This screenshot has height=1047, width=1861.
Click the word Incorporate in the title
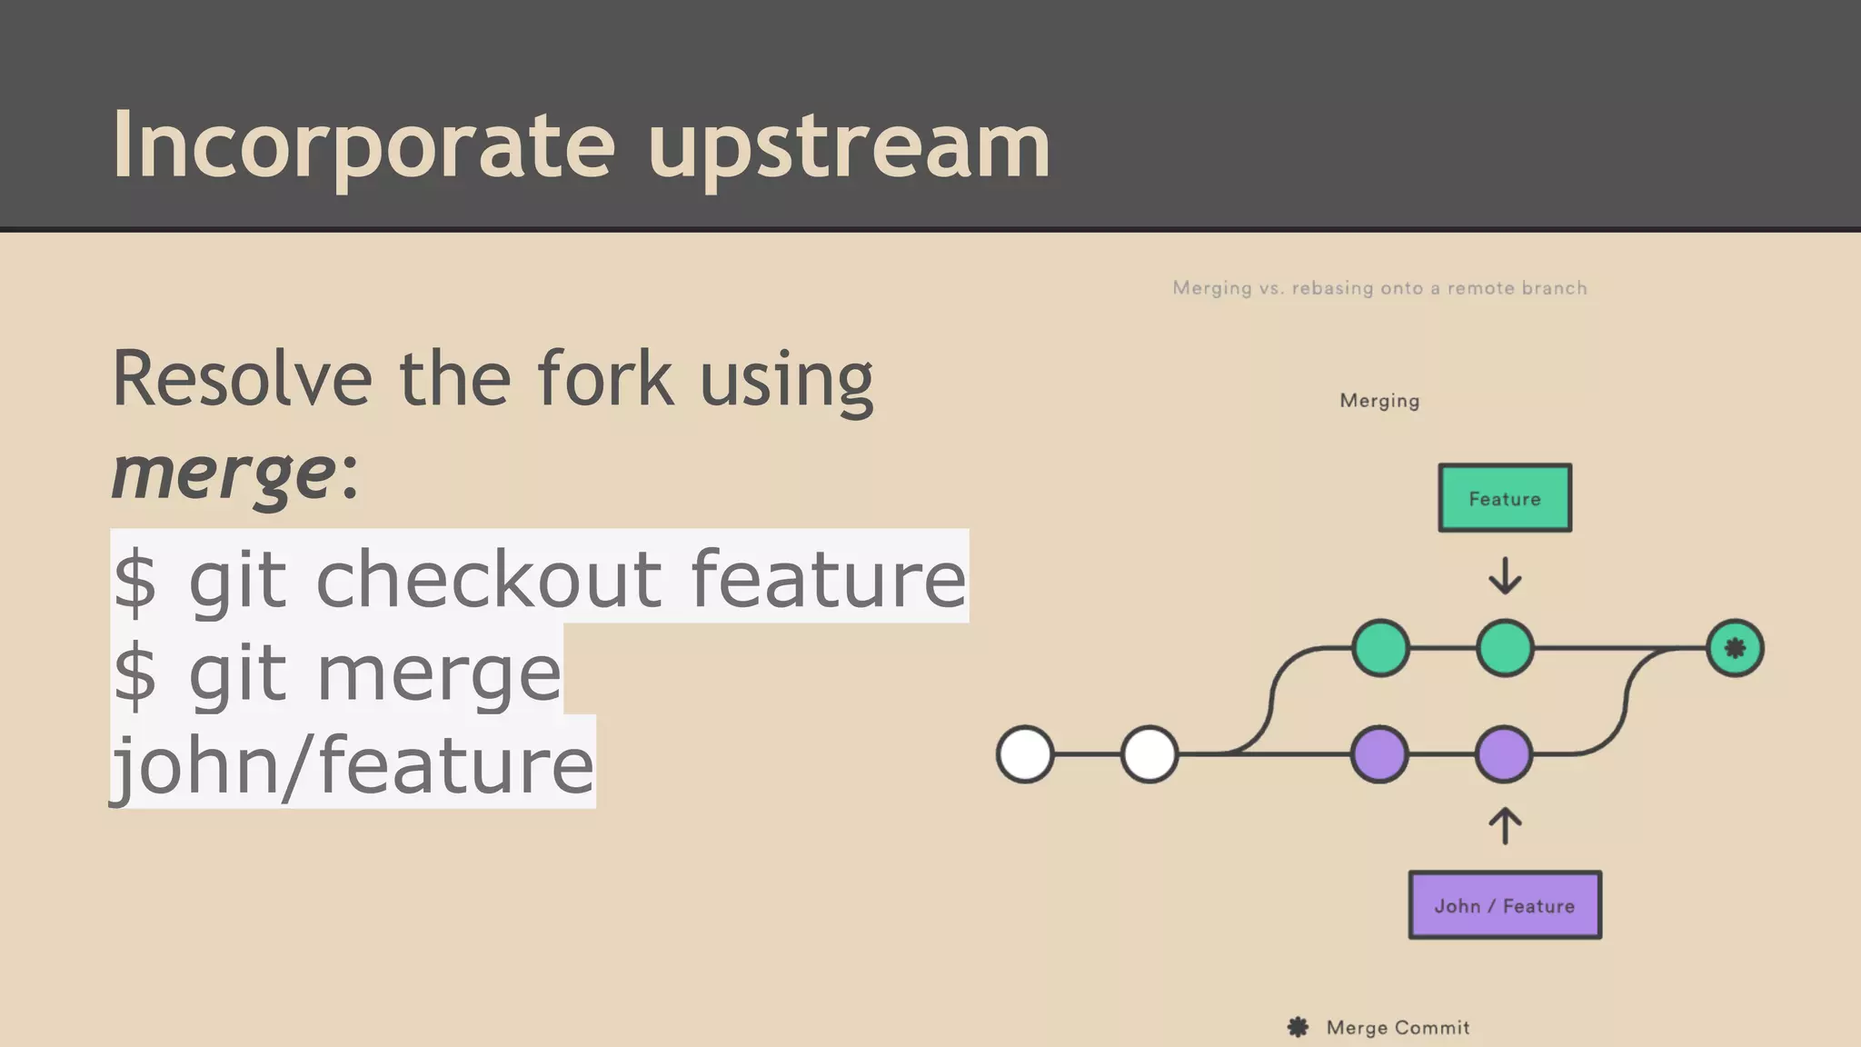coord(363,145)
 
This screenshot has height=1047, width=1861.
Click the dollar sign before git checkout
coord(135,580)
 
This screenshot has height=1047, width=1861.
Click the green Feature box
coord(1505,498)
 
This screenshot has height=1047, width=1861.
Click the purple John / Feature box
coord(1505,905)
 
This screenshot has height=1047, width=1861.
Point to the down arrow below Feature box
coord(1505,576)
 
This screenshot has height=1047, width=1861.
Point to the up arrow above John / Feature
coord(1505,825)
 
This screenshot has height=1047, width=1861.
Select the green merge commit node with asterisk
coord(1735,648)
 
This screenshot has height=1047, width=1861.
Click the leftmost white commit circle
coord(1025,754)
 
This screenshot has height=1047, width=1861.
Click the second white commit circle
coord(1149,754)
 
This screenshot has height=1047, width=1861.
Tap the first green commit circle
coord(1380,648)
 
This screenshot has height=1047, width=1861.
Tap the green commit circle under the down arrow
coord(1505,648)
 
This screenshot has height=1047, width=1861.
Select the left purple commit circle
coord(1379,754)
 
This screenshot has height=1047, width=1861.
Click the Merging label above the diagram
coord(1379,401)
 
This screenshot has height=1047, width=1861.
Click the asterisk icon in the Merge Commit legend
coord(1298,1027)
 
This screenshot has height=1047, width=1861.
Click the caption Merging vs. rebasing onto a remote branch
coord(1379,288)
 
